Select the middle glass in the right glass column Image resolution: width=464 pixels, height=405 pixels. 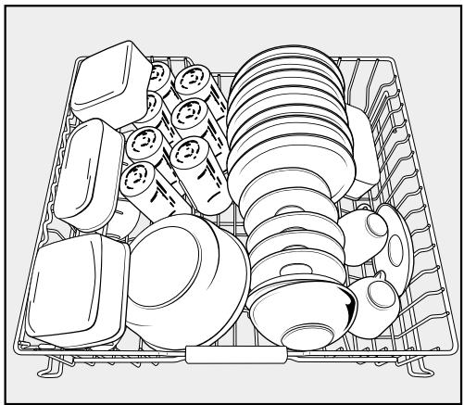pos(190,117)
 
